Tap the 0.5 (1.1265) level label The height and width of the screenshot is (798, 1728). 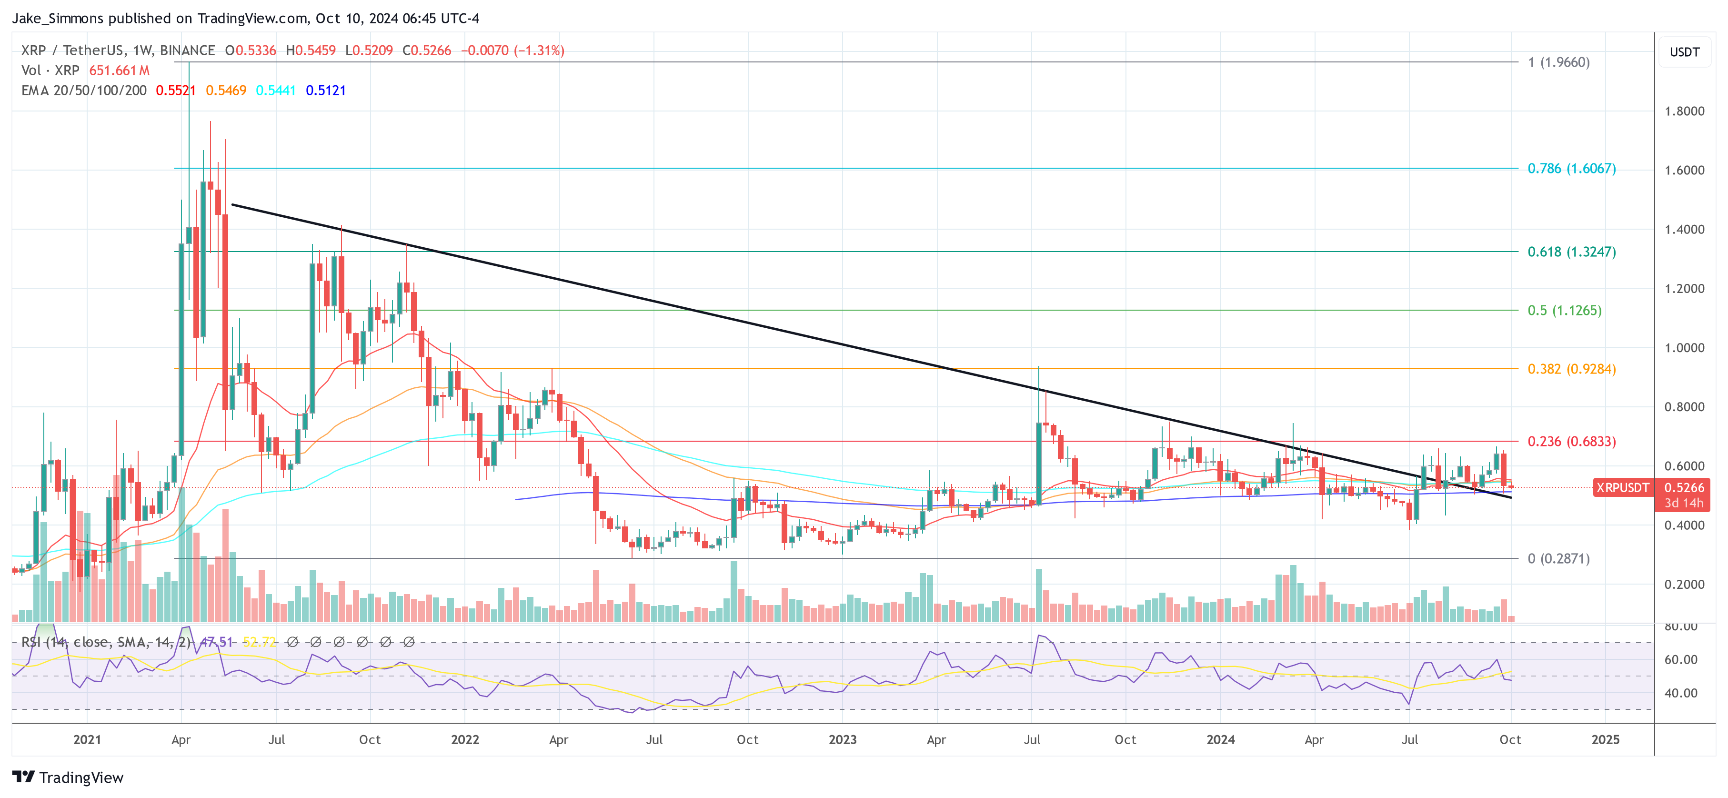point(1564,310)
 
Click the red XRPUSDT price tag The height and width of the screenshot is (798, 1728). point(1621,488)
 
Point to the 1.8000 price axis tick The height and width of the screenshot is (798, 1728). point(1684,111)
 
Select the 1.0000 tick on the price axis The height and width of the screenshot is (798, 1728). point(1684,348)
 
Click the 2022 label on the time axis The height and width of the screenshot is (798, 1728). point(465,739)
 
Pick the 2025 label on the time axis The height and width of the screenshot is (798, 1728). point(1605,739)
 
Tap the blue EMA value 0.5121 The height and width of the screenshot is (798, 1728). point(325,91)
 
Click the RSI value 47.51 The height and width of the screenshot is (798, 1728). point(217,642)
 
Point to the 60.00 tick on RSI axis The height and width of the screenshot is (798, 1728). point(1680,660)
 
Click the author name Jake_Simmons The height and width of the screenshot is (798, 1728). point(58,18)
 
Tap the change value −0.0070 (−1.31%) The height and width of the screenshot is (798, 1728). point(512,51)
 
